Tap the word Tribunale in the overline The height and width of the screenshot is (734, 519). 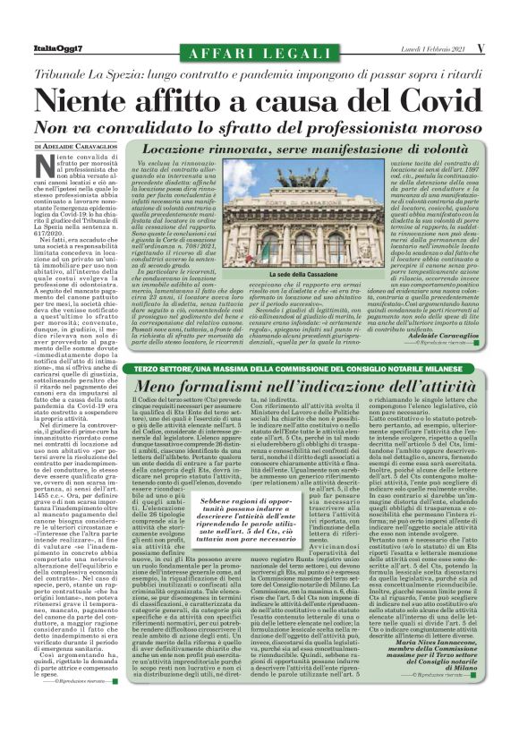[73, 71]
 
